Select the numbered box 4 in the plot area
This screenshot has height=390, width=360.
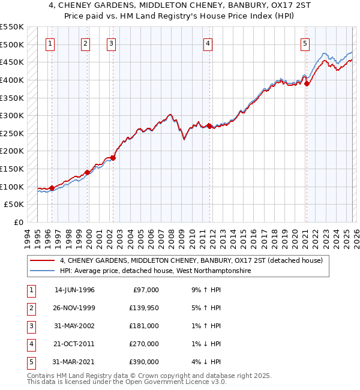[207, 43]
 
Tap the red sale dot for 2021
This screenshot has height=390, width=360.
[307, 83]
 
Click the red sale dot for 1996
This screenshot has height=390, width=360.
[52, 188]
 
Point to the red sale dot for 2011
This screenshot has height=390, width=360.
[209, 126]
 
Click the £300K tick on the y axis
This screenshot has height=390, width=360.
[11, 115]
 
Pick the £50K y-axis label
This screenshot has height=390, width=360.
[14, 205]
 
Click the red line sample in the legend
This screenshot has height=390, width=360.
[43, 260]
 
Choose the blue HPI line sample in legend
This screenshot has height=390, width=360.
[43, 271]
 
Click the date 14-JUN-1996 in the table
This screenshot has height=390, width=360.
[74, 290]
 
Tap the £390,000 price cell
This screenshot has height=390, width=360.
[145, 362]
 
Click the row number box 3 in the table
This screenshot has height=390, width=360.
[29, 326]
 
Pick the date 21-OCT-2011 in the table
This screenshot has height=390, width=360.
[74, 344]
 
